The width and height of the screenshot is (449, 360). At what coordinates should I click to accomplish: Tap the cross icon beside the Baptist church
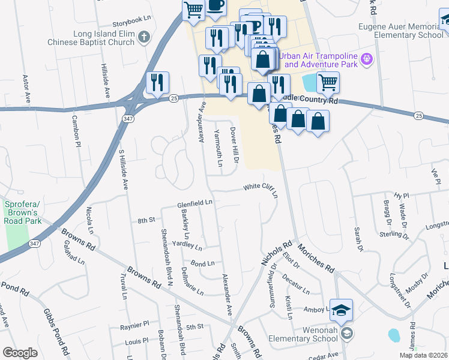(143, 38)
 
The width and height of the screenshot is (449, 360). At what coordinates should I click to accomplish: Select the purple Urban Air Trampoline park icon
(367, 60)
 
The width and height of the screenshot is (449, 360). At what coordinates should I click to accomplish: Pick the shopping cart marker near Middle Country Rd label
(327, 82)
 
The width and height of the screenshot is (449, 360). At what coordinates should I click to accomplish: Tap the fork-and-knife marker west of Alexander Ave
(157, 83)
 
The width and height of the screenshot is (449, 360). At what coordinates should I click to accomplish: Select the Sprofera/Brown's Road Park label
(22, 213)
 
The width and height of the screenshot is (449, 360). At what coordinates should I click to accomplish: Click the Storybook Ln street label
(131, 19)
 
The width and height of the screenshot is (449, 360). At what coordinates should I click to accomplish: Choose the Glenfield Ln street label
(195, 204)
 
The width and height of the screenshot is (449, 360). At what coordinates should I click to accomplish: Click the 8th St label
(146, 221)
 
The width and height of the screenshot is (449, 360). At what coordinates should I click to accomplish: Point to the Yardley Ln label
(187, 246)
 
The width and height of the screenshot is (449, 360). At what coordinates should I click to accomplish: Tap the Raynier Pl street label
(134, 323)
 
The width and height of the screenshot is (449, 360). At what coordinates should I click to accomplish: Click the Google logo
(20, 353)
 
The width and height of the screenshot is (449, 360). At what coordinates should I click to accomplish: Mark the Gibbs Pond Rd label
(54, 329)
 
